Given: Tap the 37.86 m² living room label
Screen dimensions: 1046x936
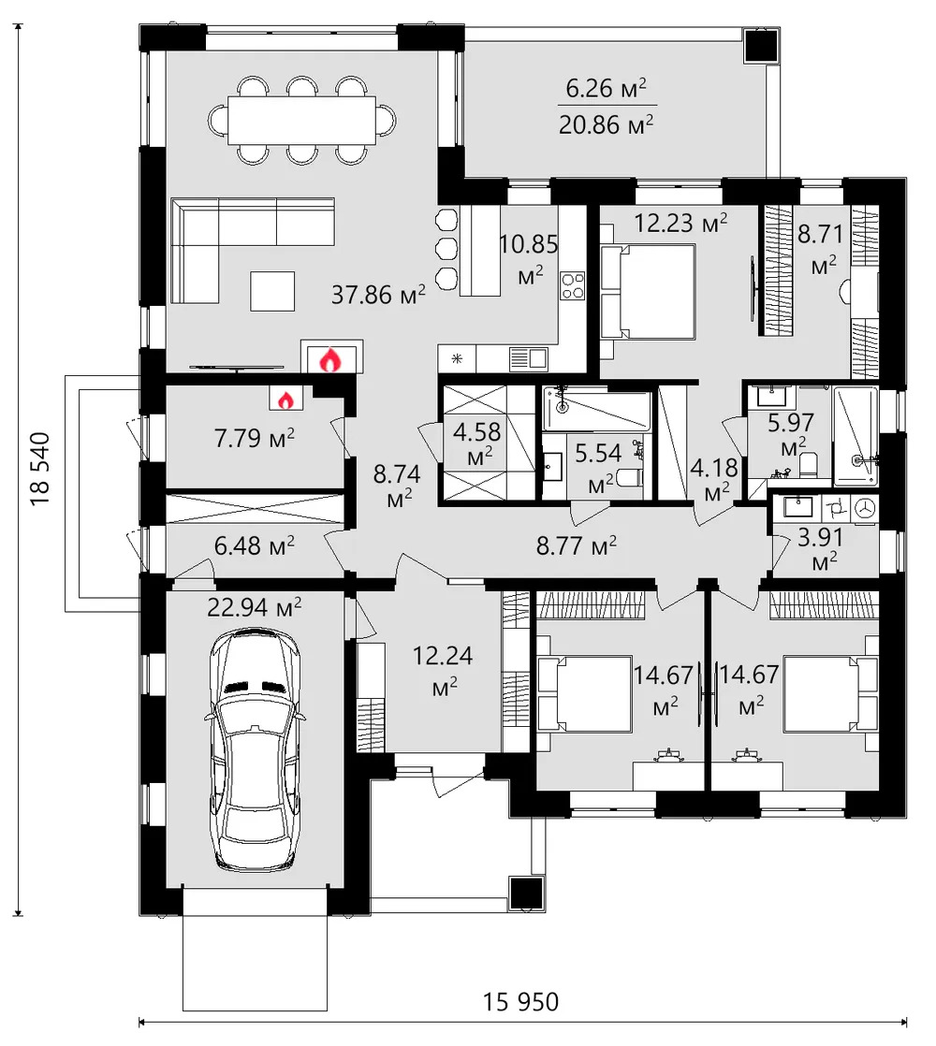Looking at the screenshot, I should coord(378,295).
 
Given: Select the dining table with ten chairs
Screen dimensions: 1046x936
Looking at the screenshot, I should coord(303,121).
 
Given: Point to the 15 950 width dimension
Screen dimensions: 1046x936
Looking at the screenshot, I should coord(521,1002).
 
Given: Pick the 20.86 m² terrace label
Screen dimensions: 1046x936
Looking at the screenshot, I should coord(606,123).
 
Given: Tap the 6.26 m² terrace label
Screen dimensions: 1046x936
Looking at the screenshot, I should coord(606,90).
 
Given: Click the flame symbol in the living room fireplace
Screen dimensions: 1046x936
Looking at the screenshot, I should coord(329,358).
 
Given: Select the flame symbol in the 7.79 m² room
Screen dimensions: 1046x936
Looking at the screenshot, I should coord(285,400).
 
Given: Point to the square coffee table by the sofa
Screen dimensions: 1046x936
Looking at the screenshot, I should coord(271,291).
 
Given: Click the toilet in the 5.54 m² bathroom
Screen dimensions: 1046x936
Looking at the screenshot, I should coord(630,478).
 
